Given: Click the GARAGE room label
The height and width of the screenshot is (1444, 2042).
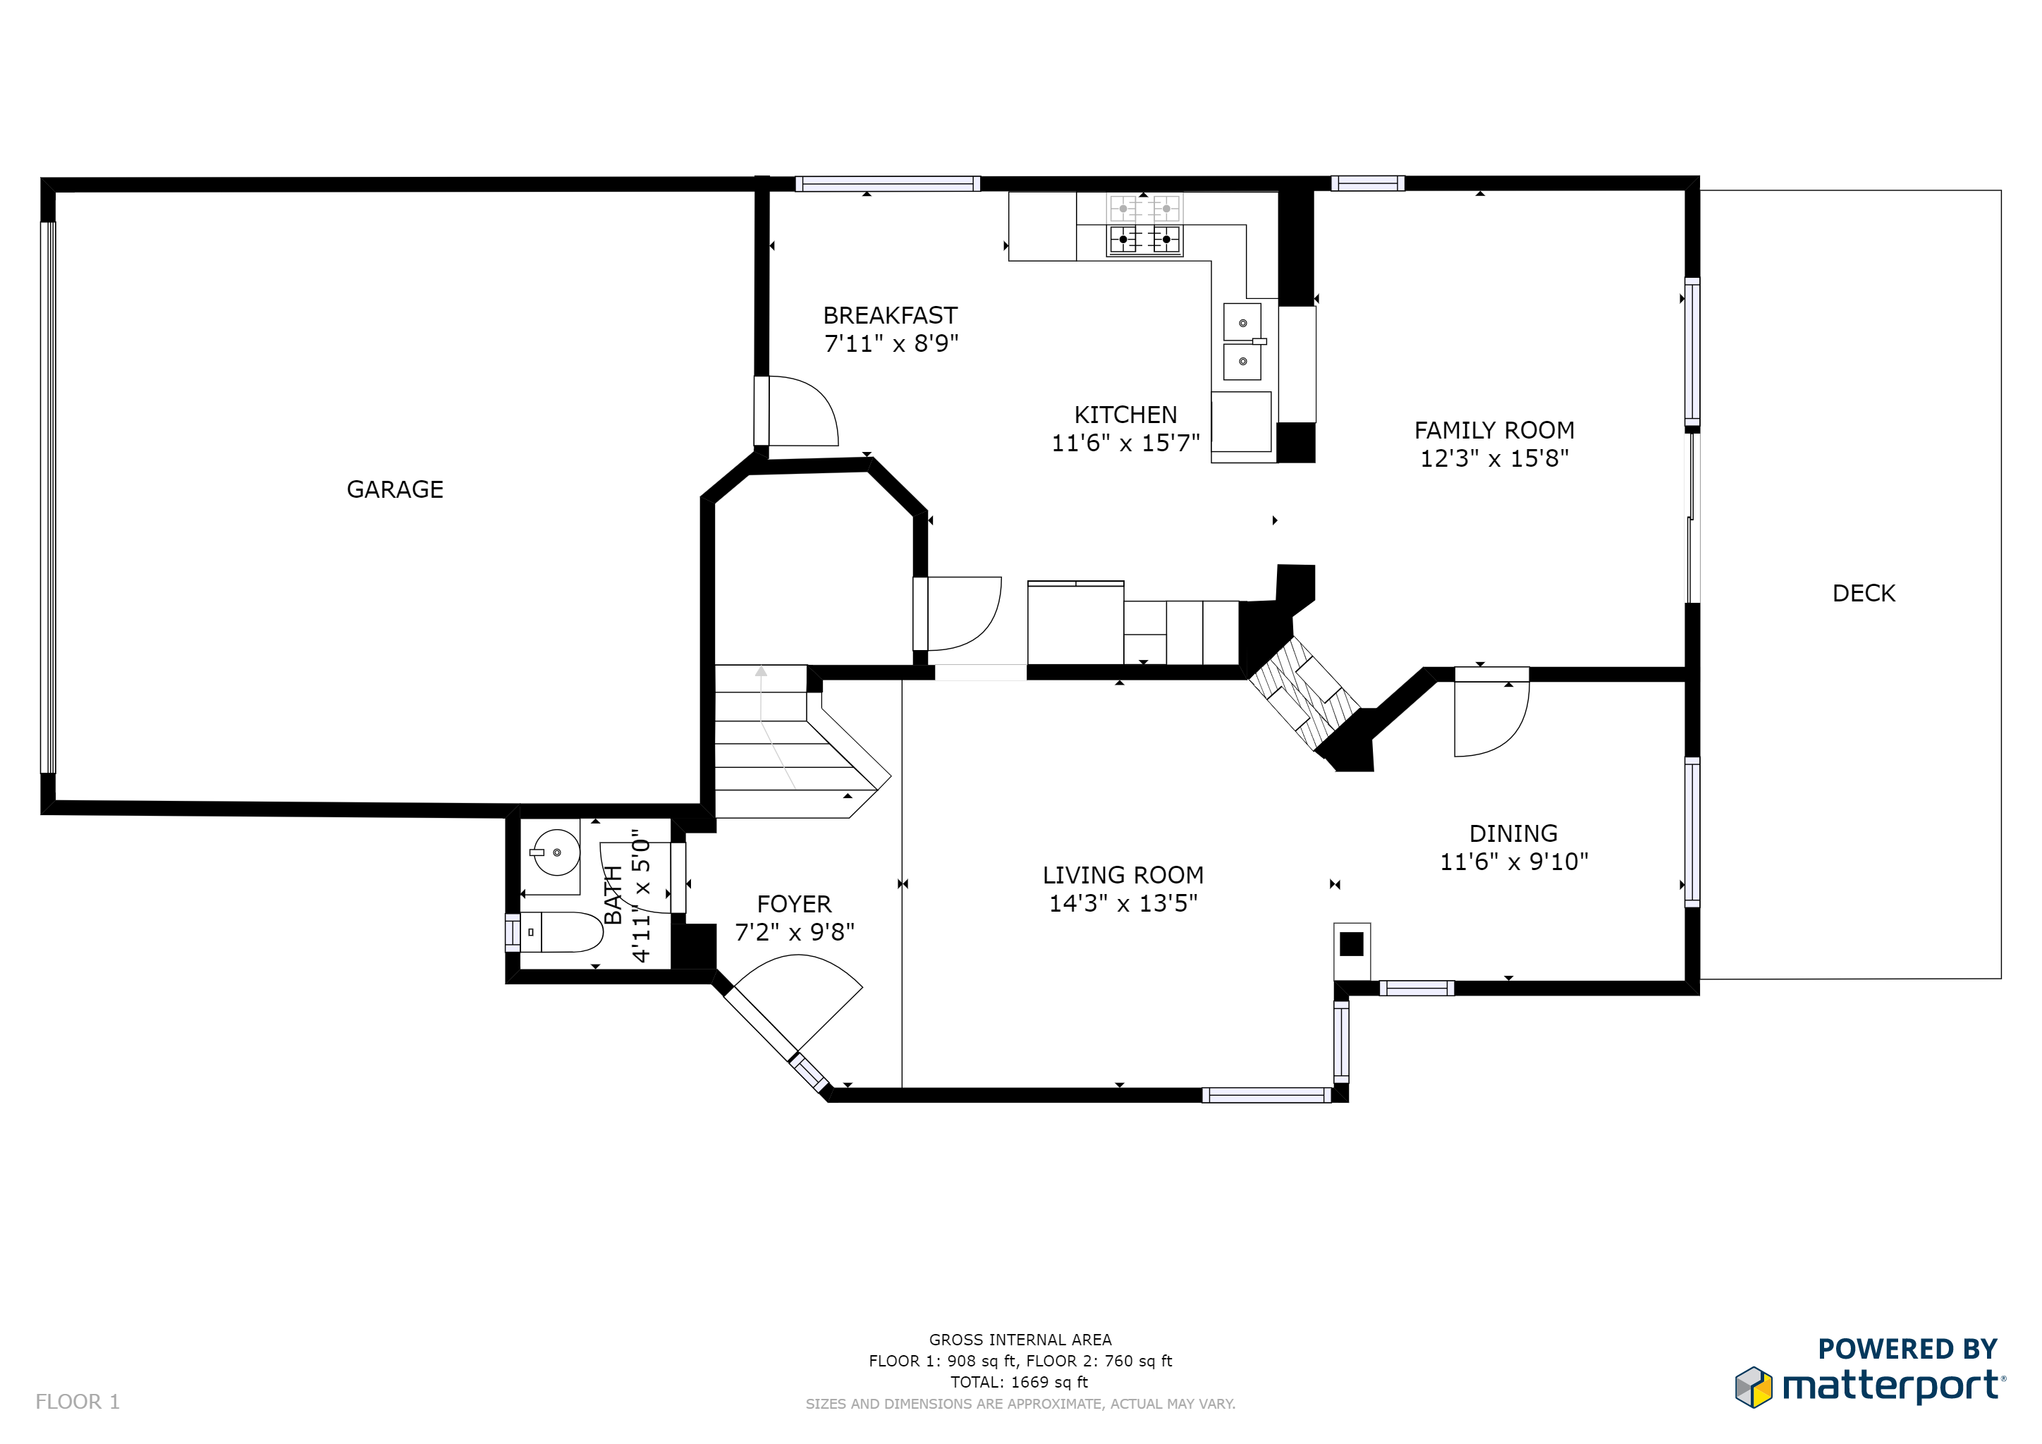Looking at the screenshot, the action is coord(395,489).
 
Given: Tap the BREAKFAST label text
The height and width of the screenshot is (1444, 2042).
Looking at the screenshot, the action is coord(891,316).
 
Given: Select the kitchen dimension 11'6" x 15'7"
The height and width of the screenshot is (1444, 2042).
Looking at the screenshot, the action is coord(1126,443).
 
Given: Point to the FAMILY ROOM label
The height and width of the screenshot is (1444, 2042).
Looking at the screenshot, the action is coord(1494,430).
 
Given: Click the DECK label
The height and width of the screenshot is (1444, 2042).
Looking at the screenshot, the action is coord(1864,593).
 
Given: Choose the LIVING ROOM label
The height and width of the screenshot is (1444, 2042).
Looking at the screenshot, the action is coord(1123,875).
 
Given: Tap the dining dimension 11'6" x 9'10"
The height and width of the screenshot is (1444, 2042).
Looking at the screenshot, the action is coord(1514,862).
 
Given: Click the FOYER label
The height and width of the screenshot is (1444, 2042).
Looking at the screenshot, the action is coord(794,905).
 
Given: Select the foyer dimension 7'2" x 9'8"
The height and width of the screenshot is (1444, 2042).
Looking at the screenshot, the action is coord(794,932).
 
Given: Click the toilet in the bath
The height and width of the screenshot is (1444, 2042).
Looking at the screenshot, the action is coord(561,932).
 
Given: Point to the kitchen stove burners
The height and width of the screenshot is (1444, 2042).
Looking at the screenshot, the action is coord(1144,225).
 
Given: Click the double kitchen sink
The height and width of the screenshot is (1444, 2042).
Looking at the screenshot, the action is coord(1242,341).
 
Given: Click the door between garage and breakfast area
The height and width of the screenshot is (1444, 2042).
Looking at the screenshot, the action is coord(796,411).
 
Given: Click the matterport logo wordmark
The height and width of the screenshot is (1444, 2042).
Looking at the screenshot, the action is coord(1893,1387).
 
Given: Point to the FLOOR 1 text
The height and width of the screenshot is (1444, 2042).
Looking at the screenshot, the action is coord(78,1402).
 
